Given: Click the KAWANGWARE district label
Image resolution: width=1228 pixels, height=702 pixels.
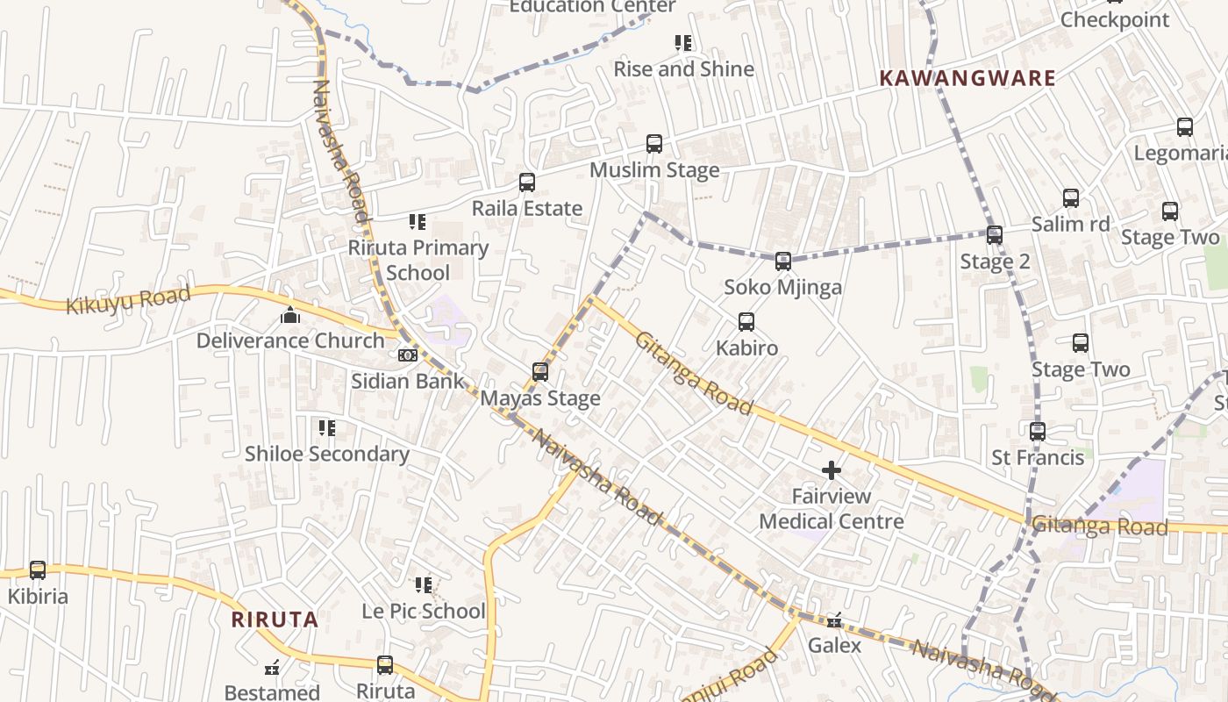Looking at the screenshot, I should (x=967, y=78).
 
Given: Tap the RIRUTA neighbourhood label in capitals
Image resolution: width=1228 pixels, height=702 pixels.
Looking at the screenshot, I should (x=275, y=620).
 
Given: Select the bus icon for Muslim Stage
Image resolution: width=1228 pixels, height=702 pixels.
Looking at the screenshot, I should (x=653, y=144).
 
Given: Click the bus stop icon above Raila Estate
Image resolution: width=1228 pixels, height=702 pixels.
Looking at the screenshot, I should (x=526, y=183).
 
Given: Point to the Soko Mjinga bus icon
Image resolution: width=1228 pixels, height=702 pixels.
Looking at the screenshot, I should (x=782, y=261).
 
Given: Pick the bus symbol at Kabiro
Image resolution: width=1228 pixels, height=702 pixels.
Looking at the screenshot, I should (x=746, y=322).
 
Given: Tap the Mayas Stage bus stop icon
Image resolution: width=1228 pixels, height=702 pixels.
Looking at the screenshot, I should (x=540, y=372).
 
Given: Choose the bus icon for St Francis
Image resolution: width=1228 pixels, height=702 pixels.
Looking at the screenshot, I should (x=1038, y=432).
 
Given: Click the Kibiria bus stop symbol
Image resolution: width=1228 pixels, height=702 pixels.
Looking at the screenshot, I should (x=38, y=570).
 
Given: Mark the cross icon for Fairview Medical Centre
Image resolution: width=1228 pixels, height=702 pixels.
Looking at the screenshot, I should (x=831, y=471).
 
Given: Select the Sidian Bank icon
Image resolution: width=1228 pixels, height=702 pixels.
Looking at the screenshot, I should (x=407, y=355).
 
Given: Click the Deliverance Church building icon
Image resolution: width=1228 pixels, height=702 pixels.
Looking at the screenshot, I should (x=289, y=315).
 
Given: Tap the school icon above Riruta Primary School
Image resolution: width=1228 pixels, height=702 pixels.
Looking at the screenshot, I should (x=418, y=222).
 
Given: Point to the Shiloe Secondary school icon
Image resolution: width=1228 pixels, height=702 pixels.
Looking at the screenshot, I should (x=326, y=428).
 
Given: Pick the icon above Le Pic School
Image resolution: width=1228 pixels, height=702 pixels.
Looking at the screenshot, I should (x=424, y=584).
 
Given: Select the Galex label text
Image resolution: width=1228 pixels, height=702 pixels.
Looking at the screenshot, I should (x=834, y=646).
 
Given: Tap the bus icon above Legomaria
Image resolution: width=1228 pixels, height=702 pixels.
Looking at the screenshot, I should (x=1184, y=127).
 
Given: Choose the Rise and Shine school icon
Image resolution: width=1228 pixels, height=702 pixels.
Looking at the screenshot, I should (x=683, y=43).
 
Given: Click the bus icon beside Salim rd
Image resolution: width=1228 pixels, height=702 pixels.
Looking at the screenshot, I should (x=1070, y=198).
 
